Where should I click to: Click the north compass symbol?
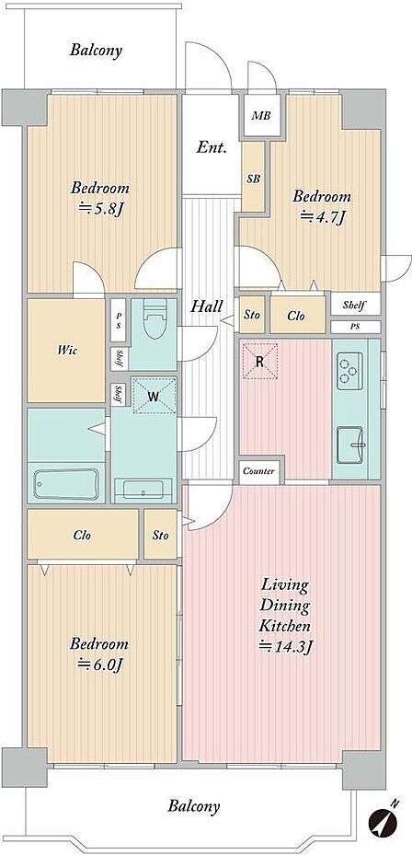(x=383, y=821)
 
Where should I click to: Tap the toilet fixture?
(x=154, y=320)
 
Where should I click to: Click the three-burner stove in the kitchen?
(x=349, y=370)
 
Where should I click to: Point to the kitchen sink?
(x=349, y=445)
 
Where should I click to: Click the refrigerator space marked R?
(x=260, y=361)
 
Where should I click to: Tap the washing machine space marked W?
(x=154, y=396)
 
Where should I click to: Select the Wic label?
(x=66, y=351)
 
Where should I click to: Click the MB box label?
(x=261, y=116)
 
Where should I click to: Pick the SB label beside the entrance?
(x=254, y=179)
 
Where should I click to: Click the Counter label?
(x=258, y=471)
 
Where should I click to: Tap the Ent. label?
(x=212, y=147)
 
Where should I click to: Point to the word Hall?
(x=206, y=306)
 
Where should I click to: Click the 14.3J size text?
(x=285, y=647)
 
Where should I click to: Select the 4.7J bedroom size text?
(x=324, y=217)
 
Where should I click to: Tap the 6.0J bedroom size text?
(x=102, y=664)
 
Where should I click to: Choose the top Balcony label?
(x=96, y=51)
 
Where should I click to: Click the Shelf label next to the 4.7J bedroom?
(x=354, y=305)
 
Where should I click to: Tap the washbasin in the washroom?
(x=143, y=489)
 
